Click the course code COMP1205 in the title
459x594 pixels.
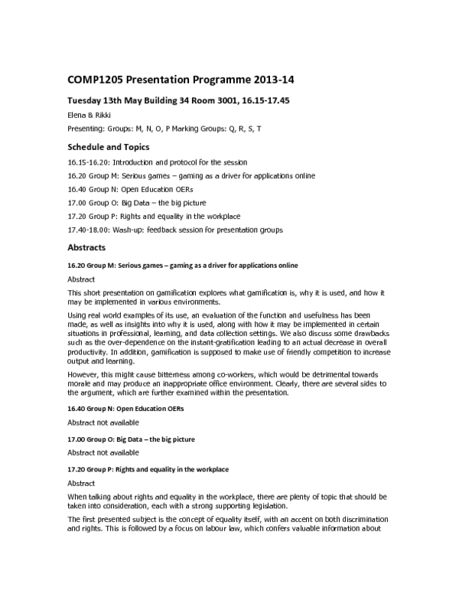[x=98, y=79]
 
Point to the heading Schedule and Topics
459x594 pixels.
[x=109, y=147]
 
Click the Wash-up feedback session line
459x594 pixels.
[x=175, y=230]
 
